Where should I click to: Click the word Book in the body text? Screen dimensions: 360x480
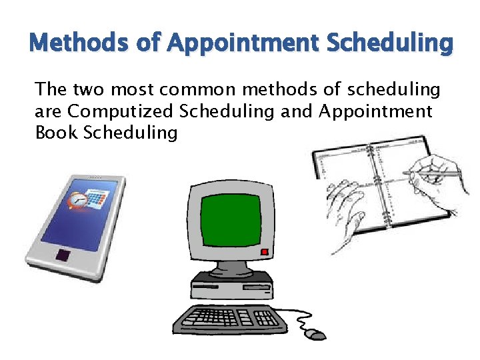(57, 133)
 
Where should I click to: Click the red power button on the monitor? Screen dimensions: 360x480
(265, 252)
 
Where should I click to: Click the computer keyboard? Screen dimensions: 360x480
(231, 319)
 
